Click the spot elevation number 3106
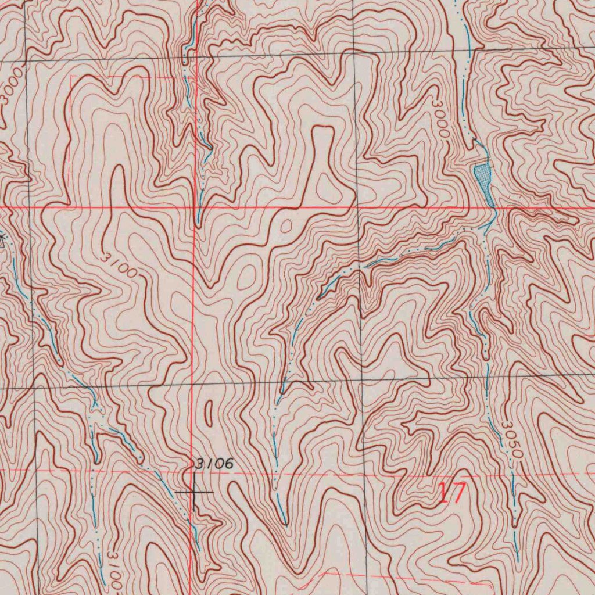(x=214, y=464)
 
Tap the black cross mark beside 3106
(x=194, y=492)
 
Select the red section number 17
(x=451, y=493)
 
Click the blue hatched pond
(x=482, y=174)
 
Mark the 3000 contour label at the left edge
(x=12, y=87)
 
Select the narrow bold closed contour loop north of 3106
(x=209, y=413)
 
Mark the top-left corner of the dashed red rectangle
(x=71, y=76)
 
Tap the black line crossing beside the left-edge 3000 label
(x=26, y=61)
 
